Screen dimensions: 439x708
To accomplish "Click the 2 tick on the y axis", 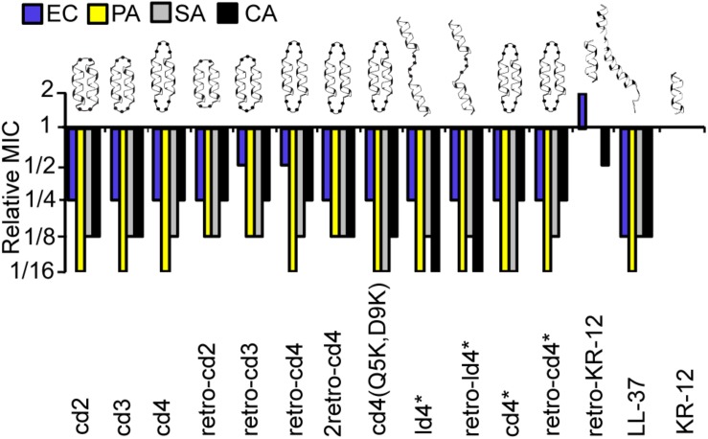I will pyautogui.click(x=49, y=92).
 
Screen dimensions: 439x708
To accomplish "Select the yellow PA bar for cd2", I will pyautogui.click(x=81, y=199).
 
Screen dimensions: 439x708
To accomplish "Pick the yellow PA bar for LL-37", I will pyautogui.click(x=636, y=199).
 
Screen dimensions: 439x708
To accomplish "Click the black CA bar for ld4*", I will pyautogui.click(x=435, y=199).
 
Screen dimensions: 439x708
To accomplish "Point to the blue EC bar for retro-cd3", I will pyautogui.click(x=241, y=146).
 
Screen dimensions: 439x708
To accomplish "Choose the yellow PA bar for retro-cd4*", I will pyautogui.click(x=551, y=199).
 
